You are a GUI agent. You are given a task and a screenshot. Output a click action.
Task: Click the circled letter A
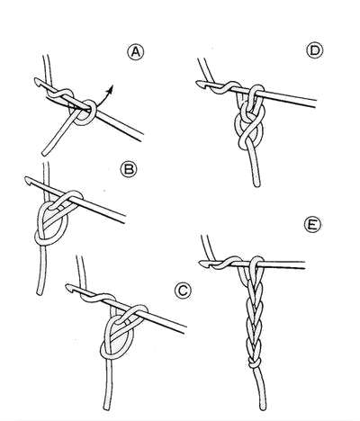tap(136, 52)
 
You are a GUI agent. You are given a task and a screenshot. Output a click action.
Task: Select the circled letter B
tap(129, 169)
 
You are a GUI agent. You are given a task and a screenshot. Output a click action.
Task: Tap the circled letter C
tap(183, 291)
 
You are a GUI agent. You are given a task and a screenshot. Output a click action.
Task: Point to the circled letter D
tap(315, 50)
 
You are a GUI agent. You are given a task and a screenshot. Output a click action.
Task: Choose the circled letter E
tap(312, 225)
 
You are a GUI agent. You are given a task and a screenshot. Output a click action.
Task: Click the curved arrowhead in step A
tap(111, 88)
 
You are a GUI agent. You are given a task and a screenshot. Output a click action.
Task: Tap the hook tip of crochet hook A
tap(37, 81)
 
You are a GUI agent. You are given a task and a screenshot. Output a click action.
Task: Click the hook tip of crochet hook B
tap(27, 180)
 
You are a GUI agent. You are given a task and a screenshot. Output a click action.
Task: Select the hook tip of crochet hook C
tap(68, 287)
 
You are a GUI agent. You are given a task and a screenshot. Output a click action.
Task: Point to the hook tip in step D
tap(199, 83)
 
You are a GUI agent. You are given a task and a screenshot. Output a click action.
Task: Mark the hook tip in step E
tap(202, 264)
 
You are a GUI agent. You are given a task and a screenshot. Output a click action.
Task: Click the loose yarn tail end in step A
tap(44, 154)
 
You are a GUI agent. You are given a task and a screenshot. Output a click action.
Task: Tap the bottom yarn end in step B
tap(40, 293)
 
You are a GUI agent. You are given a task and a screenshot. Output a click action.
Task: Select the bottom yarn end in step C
tap(106, 408)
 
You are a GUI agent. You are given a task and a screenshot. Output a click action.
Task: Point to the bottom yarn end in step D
tap(256, 184)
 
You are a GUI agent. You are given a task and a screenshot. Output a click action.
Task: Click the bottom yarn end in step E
tap(263, 408)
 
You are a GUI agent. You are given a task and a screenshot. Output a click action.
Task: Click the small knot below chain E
tap(254, 363)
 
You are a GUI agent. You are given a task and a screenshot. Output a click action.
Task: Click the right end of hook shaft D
tap(316, 103)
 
